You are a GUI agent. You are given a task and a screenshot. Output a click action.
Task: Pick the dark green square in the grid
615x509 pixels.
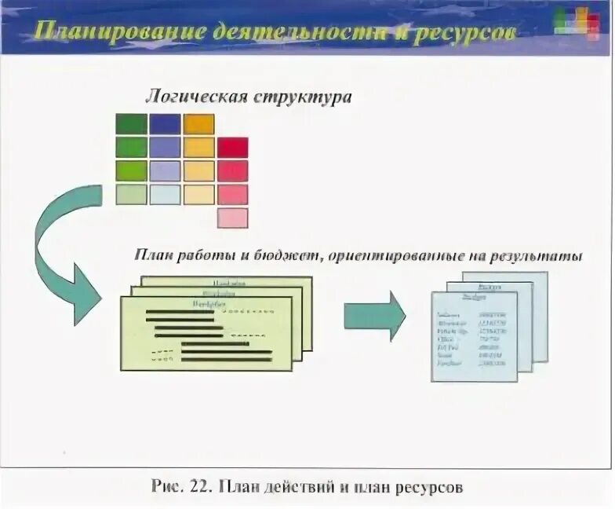(x=131, y=123)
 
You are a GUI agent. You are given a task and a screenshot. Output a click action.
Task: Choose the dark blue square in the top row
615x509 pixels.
(x=165, y=123)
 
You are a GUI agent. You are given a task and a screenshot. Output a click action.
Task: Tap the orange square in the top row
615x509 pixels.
(x=198, y=123)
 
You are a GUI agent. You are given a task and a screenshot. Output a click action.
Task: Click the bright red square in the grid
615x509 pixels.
(x=232, y=147)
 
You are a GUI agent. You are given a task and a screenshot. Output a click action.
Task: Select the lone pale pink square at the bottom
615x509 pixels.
(x=232, y=218)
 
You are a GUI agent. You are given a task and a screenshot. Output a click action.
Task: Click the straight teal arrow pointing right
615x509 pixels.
(x=373, y=316)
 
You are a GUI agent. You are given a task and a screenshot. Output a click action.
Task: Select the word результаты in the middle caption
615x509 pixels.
(x=540, y=256)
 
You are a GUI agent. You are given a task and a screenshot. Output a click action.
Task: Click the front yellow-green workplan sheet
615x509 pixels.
(x=204, y=338)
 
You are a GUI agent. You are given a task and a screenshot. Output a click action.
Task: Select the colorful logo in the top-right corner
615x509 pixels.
(x=581, y=21)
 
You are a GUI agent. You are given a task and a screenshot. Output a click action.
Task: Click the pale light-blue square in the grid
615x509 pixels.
(x=165, y=194)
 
